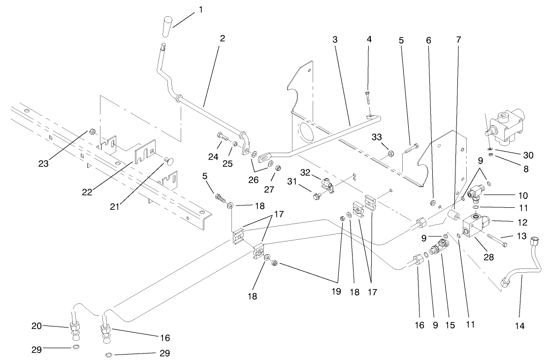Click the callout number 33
[x=377, y=137]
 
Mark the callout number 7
[x=458, y=40]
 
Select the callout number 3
[x=335, y=40]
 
